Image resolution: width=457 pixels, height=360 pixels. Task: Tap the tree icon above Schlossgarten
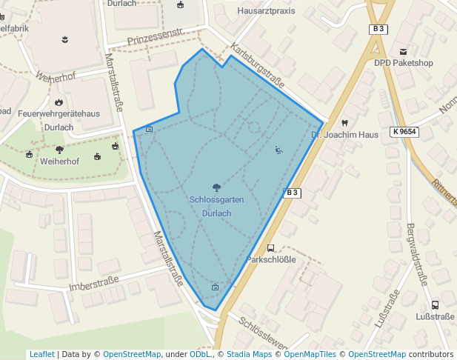pos(216,187)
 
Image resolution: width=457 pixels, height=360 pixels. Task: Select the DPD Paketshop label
pos(403,63)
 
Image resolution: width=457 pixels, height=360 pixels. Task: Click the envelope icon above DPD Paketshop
pos(403,51)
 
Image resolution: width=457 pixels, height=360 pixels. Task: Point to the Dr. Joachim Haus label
pos(344,135)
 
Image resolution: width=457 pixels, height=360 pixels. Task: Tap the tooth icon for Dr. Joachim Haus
pos(344,122)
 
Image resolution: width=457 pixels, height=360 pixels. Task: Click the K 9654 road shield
pos(404,131)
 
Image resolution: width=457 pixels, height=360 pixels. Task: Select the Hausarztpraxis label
pos(266,11)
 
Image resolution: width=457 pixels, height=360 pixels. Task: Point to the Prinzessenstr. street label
pos(155,33)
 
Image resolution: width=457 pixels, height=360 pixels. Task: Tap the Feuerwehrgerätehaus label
pos(59,113)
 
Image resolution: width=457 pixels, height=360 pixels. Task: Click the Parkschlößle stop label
pos(271,260)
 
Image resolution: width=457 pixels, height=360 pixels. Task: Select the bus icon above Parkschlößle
pos(270,248)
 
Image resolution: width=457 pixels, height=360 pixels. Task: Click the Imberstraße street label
pos(93,284)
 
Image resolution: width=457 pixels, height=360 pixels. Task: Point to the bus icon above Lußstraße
pos(435,304)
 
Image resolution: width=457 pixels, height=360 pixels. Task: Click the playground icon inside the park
pos(278,150)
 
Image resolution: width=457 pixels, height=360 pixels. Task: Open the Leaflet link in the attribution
pos(41,355)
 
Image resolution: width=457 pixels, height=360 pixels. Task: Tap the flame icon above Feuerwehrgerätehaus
pos(59,101)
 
